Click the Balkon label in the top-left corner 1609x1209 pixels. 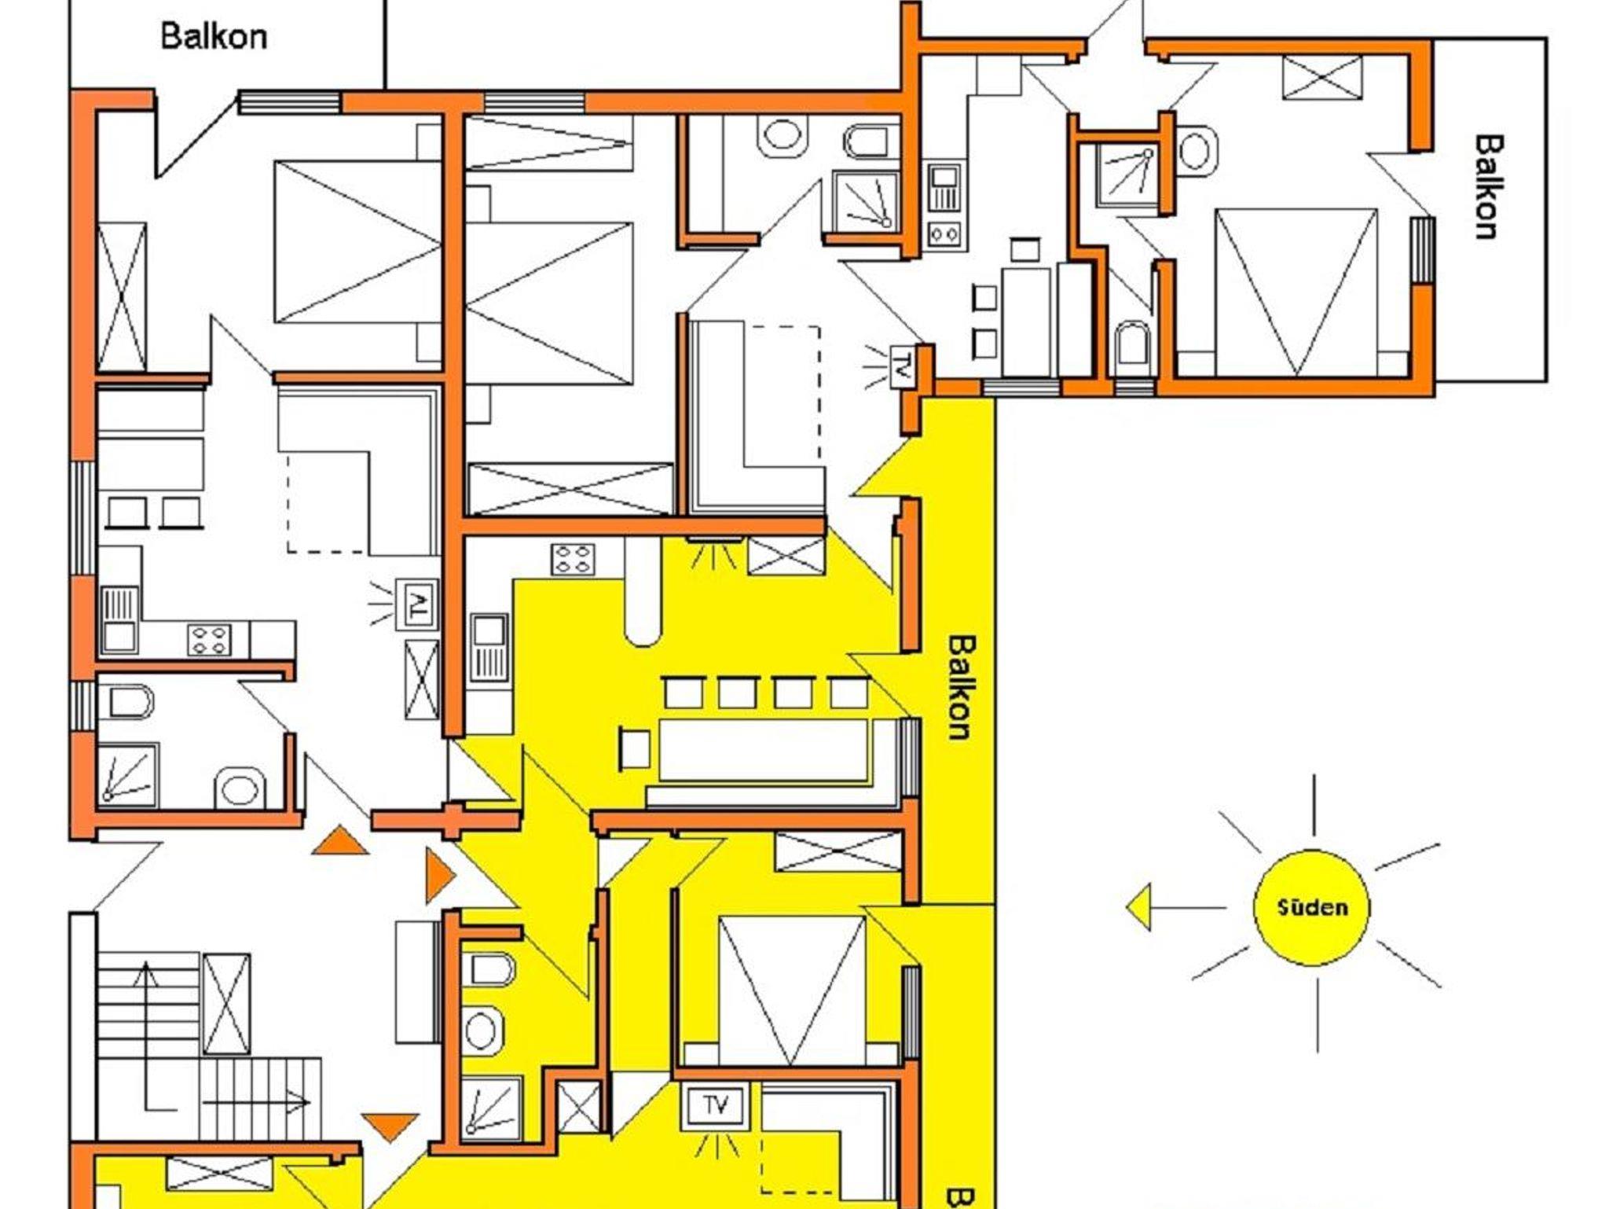pyautogui.click(x=214, y=36)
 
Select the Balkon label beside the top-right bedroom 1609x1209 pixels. pyautogui.click(x=1487, y=187)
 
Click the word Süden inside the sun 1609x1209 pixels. pyautogui.click(x=1312, y=908)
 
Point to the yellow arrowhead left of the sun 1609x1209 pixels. pyautogui.click(x=1138, y=907)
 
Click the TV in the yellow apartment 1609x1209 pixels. pyautogui.click(x=716, y=1106)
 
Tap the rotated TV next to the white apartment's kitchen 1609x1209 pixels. pyautogui.click(x=417, y=604)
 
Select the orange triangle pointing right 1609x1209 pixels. pyautogui.click(x=440, y=875)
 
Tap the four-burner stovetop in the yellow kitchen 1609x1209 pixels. pyautogui.click(x=573, y=560)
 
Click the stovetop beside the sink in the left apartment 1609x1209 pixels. pyautogui.click(x=210, y=639)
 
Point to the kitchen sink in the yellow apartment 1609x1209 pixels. pyautogui.click(x=489, y=647)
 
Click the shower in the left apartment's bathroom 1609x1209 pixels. pyautogui.click(x=127, y=775)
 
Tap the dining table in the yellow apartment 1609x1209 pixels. pyautogui.click(x=764, y=750)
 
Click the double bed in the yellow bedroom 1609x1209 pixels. pyautogui.click(x=792, y=991)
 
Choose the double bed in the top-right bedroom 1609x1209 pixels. pyautogui.click(x=1296, y=292)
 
